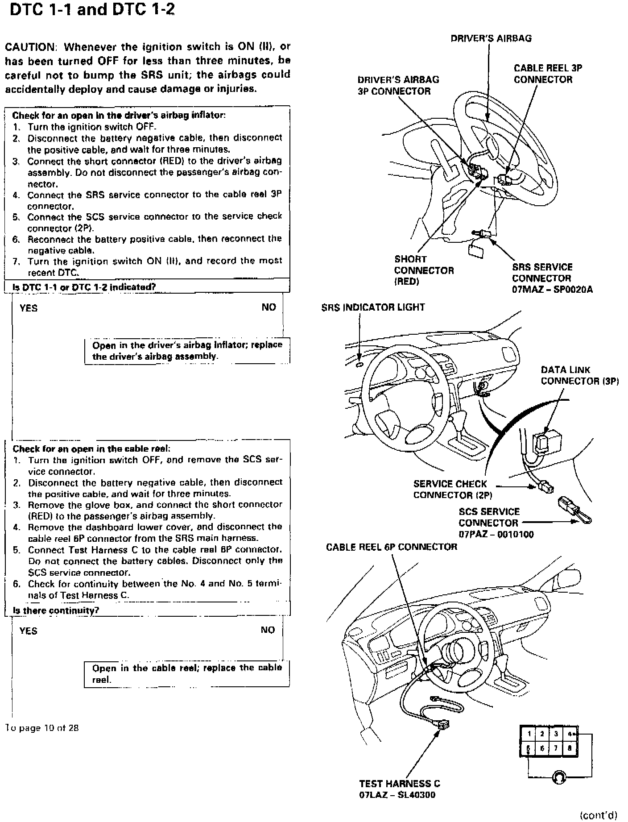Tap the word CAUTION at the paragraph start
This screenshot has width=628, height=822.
(29, 47)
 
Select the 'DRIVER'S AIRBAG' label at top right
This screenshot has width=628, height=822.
(491, 38)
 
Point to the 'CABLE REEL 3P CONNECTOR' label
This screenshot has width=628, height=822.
(547, 74)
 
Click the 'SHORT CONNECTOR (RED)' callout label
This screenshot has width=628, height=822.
(423, 270)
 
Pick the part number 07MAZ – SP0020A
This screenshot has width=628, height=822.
(552, 290)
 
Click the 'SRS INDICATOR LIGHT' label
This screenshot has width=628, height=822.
(373, 307)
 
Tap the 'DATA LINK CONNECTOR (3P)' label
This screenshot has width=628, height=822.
(579, 375)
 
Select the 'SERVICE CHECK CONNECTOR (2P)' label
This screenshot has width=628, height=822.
(452, 490)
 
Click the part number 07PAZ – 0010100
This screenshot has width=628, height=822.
(496, 534)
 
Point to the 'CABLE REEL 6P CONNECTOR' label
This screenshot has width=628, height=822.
(391, 547)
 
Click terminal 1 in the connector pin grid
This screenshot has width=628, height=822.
(529, 733)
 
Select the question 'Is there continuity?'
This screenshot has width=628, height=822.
(56, 610)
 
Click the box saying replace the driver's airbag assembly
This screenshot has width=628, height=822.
(187, 351)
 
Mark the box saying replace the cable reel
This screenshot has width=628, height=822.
(187, 674)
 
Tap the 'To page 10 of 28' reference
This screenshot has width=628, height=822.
(42, 728)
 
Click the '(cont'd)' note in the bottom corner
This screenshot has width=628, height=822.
(598, 815)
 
